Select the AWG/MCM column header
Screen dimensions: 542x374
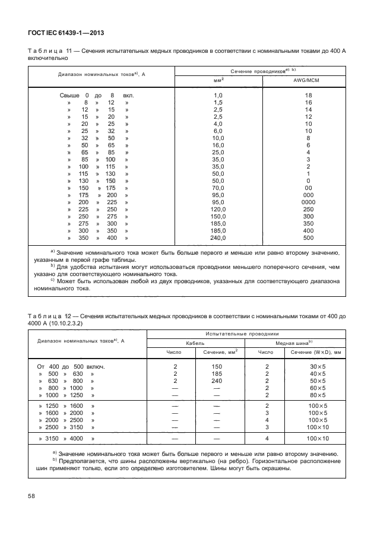[308, 80]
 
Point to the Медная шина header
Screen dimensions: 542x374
[294, 343]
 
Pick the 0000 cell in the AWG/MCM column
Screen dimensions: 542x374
[308, 201]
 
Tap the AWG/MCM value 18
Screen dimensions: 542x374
[308, 95]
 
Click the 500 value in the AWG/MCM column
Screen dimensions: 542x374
[308, 237]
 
